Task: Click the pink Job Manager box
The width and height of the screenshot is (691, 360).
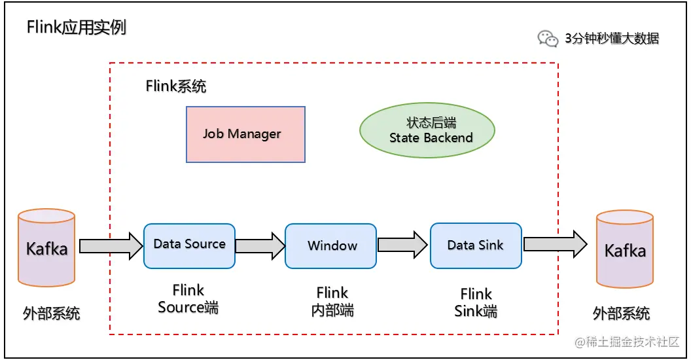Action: tap(245, 134)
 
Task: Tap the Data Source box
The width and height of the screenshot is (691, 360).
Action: tap(189, 245)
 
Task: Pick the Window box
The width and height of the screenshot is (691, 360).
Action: tap(331, 245)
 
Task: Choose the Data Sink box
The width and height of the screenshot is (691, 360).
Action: tap(476, 245)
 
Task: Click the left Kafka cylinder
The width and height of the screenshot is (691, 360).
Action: tap(46, 248)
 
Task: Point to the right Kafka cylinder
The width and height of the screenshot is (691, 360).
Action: tap(624, 249)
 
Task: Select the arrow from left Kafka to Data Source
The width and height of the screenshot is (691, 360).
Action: tap(110, 245)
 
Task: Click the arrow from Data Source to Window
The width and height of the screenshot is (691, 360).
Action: tap(260, 245)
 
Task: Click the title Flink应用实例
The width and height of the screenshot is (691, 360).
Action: tap(76, 27)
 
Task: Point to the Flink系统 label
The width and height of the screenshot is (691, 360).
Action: tap(176, 86)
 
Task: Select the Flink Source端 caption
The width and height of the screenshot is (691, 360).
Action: tap(188, 298)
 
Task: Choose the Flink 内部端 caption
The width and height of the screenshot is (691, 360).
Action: tap(332, 301)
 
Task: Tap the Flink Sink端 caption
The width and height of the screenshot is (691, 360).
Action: tap(476, 302)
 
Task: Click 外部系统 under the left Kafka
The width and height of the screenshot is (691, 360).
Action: tap(51, 313)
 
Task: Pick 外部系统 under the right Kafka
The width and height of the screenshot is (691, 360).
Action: tap(621, 313)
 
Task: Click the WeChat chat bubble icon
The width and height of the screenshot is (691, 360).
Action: tap(548, 39)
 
